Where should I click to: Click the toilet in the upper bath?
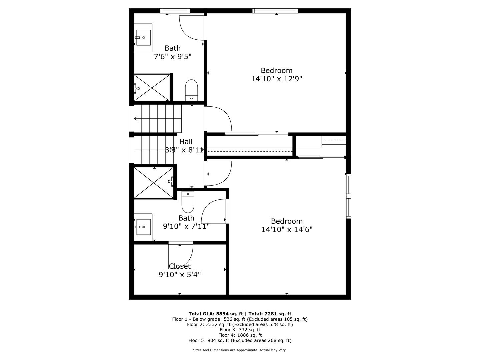coord(192,90)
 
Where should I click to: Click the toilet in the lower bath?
coord(188,202)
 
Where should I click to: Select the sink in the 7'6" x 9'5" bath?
coord(144,38)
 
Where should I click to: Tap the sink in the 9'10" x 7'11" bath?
coord(143,227)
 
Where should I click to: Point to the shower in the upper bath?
coord(152,88)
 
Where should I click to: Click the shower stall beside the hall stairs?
coord(154,183)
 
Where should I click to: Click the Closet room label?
coord(180,266)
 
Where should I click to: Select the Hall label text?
coord(186,142)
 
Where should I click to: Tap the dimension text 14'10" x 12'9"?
coord(276,79)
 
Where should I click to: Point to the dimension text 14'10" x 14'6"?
coord(287,230)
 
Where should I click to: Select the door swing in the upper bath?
coord(191,27)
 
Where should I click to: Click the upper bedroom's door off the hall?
coord(218,119)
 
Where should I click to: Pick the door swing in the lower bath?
coord(214,212)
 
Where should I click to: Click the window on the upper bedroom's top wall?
coord(275,11)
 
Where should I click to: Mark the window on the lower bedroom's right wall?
coord(348,196)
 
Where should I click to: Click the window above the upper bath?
coord(175,11)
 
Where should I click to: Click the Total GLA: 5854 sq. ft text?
coord(216,314)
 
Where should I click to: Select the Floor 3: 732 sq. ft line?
coord(240,330)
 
